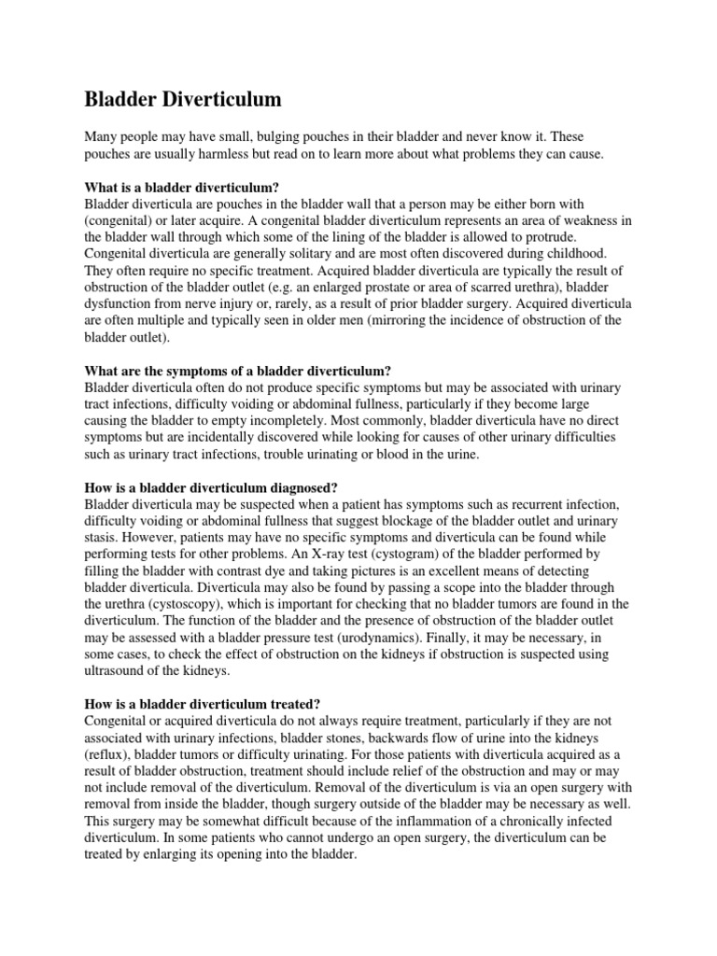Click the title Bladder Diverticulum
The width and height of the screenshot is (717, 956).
pyautogui.click(x=183, y=99)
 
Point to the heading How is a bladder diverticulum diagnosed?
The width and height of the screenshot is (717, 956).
pyautogui.click(x=210, y=487)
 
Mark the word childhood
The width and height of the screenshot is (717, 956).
pyautogui.click(x=574, y=253)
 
